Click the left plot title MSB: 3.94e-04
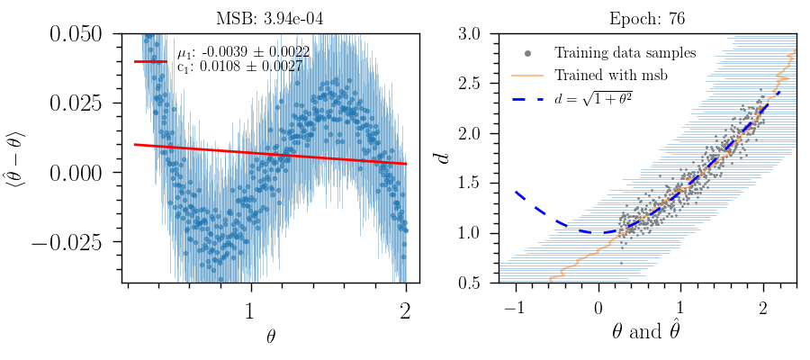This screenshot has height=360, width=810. pos(270,17)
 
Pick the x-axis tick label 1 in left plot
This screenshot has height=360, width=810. pos(250,311)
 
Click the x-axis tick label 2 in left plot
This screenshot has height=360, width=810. pos(406,311)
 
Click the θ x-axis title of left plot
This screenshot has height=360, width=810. pos(271,337)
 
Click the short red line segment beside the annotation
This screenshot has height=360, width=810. pos(150,61)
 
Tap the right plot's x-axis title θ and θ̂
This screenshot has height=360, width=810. pos(647,334)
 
